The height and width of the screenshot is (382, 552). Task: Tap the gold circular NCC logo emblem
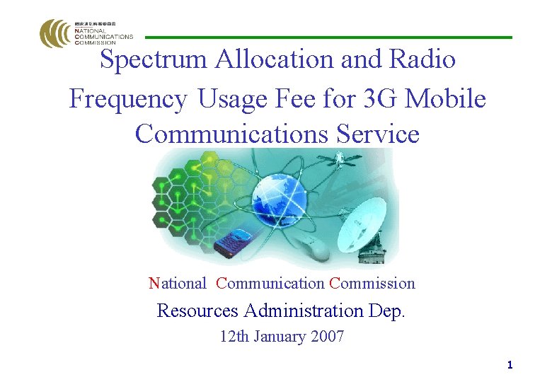55,33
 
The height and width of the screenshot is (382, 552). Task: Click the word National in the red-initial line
177,284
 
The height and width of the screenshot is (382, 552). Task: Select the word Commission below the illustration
372,284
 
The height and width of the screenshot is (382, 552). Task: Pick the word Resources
197,311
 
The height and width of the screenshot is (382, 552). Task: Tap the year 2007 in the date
327,337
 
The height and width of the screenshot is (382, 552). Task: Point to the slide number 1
510,366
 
